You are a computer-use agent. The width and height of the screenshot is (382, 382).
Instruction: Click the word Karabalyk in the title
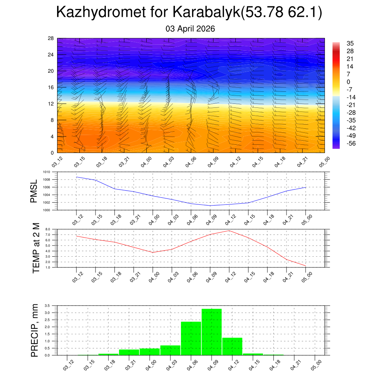[206, 13]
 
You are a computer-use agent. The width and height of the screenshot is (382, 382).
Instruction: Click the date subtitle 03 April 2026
[190, 29]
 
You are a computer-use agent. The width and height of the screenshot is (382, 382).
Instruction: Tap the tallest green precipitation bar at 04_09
[212, 332]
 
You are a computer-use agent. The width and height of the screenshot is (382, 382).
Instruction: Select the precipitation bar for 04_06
[191, 338]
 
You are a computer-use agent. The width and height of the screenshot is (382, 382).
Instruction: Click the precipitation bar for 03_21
[129, 352]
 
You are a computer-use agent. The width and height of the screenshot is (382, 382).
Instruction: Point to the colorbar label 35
[350, 43]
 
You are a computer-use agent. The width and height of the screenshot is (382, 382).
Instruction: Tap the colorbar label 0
[348, 82]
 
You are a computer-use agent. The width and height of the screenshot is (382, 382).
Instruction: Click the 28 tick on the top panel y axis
[51, 38]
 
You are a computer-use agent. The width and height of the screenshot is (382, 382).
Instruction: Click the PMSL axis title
[34, 191]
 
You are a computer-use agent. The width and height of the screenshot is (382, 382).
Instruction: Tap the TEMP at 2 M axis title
[36, 248]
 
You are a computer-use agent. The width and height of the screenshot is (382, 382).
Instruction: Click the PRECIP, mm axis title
[35, 330]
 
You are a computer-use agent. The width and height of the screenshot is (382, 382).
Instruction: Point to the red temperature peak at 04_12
[229, 231]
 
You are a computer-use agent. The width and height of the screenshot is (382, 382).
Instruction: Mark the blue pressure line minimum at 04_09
[210, 206]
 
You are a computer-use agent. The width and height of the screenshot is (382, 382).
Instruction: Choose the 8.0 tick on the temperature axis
[48, 229]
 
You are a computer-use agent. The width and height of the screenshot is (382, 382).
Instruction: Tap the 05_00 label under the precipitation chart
[316, 364]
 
